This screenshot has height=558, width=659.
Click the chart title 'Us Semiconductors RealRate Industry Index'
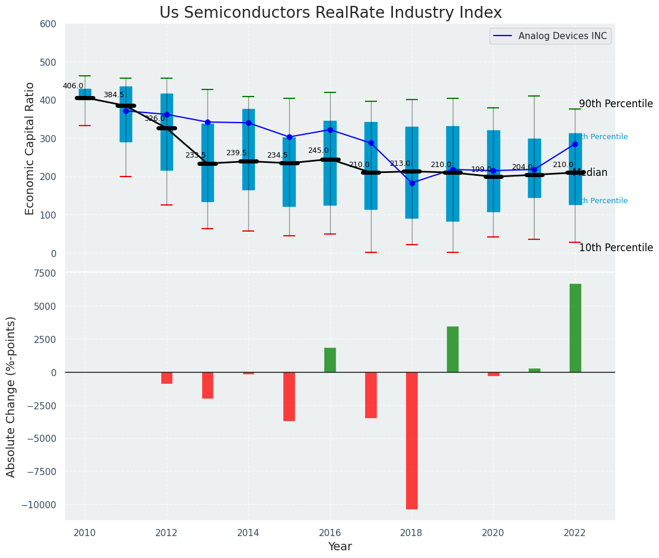330,13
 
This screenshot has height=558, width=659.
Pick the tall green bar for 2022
575,328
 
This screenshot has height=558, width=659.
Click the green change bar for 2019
453,349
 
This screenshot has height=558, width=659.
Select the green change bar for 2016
330,360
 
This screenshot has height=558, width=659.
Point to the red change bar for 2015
289,396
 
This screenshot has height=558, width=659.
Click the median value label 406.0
73,86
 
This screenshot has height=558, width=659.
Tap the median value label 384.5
114,95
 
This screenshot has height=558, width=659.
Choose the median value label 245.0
318,151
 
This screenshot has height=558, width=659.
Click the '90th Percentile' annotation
616,104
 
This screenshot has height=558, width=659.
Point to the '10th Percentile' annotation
616,248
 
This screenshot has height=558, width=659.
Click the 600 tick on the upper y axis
48,24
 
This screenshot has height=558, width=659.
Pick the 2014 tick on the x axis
248,532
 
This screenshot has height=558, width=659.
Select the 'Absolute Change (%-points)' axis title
11,396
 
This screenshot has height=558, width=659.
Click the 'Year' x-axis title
340,547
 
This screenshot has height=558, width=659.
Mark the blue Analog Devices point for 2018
412,183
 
